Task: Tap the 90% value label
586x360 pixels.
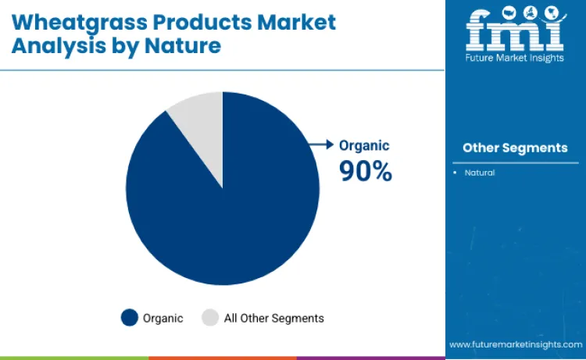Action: pos(365,170)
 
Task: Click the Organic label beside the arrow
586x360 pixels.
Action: pos(363,145)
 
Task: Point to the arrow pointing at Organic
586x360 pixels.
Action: pos(320,144)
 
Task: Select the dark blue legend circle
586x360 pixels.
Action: pos(129,318)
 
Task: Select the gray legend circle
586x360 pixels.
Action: pos(210,318)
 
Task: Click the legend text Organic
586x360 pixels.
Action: pos(163,318)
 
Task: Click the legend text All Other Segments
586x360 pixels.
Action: pos(273,318)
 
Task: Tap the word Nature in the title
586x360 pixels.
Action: pos(188,46)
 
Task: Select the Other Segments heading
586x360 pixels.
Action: pos(515,148)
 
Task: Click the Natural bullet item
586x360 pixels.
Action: pos(479,172)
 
